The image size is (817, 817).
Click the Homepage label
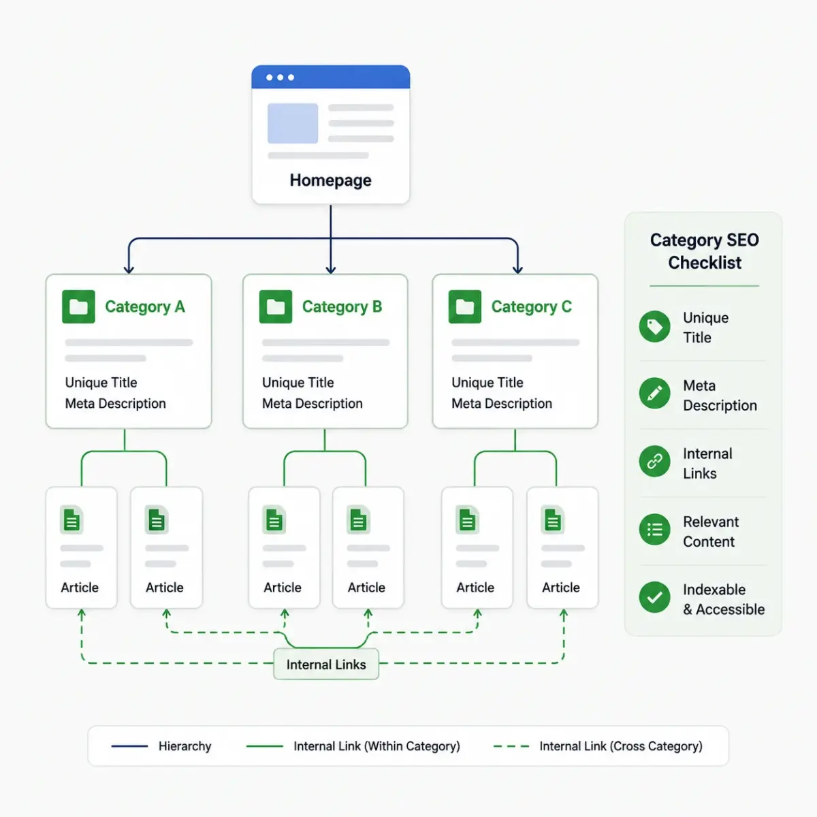coord(330,180)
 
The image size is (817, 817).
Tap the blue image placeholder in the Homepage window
coord(293,123)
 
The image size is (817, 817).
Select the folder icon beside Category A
coord(78,306)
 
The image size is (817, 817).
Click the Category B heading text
coord(342,306)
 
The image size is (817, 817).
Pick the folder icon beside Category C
coord(465,306)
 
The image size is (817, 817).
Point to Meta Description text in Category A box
coord(115,403)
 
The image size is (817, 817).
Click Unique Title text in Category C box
coord(487,383)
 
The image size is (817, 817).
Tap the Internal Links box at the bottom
coord(326,664)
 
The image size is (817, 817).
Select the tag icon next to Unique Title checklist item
coord(654,327)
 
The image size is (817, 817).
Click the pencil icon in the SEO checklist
coord(654,393)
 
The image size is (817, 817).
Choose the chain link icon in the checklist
coord(654,462)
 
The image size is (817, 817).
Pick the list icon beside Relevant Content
coord(654,530)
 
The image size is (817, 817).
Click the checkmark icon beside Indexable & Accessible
coord(654,597)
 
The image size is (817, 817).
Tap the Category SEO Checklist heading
coord(705,251)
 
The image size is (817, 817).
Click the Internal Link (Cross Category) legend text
coord(621,746)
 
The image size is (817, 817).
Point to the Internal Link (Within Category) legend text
coord(377,746)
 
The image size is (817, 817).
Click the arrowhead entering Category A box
coord(129,270)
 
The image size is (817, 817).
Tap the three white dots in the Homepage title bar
coord(280,77)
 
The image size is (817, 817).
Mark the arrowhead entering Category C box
coord(517,270)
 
